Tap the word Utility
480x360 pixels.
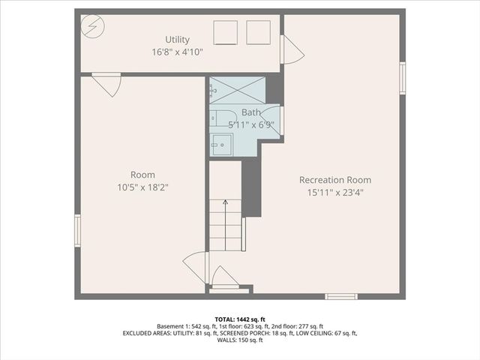[x=178, y=40]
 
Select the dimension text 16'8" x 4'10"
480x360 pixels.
[x=177, y=52]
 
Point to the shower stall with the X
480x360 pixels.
[x=237, y=91]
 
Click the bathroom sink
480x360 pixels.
[x=220, y=144]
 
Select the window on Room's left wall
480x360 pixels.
[x=77, y=230]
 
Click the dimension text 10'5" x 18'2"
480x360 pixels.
[x=142, y=187]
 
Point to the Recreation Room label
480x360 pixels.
[x=334, y=180]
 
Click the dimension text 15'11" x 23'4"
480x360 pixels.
[x=334, y=192]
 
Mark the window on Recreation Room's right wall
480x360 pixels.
[x=403, y=78]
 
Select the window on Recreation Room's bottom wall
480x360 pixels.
[x=341, y=296]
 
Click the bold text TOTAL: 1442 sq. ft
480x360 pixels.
[x=240, y=318]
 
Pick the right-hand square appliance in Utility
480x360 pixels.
[x=258, y=32]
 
